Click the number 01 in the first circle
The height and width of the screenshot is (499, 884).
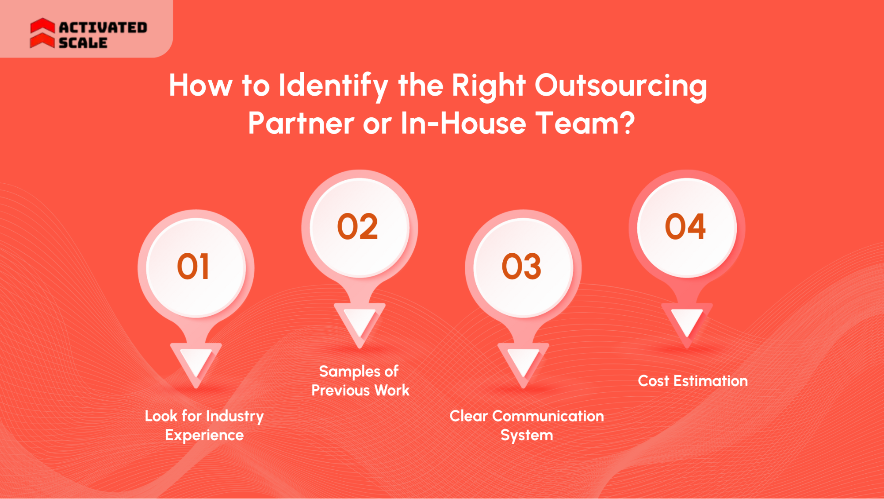(193, 267)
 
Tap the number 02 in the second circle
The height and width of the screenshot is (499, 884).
(358, 227)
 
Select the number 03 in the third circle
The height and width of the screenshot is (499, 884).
(521, 267)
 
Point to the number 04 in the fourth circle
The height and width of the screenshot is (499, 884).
(685, 227)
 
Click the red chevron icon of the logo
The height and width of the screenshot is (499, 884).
(42, 33)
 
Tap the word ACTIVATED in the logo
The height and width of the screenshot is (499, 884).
(103, 27)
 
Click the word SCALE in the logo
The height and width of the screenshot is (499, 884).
(83, 43)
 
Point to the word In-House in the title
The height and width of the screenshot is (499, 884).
(463, 123)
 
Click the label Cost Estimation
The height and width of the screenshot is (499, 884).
(693, 381)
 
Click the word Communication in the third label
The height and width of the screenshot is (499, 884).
(548, 416)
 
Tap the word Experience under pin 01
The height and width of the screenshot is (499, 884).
(204, 435)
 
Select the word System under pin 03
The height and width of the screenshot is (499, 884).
(527, 435)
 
